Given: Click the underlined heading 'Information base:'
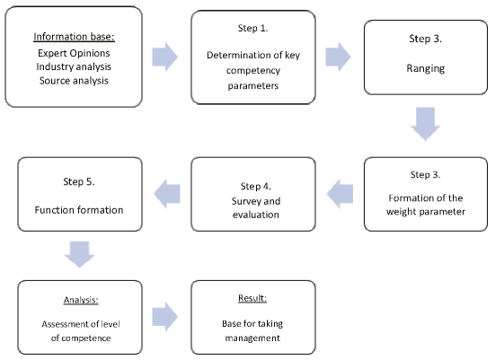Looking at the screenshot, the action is coord(74,37).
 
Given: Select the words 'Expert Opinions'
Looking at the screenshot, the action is coord(74,53).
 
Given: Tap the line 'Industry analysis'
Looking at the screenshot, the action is coord(74,66).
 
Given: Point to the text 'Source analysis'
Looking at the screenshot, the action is coord(74,81).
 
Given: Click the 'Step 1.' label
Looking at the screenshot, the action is coord(252,28).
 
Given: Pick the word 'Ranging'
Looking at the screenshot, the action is coord(426,68).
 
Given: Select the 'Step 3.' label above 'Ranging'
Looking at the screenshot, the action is coord(426,39).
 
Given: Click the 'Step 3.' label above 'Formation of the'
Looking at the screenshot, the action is coord(426,174).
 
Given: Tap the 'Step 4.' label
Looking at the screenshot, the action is coord(256,186).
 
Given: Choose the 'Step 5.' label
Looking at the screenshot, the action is coord(79,181).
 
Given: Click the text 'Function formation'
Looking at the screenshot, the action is coord(79,210).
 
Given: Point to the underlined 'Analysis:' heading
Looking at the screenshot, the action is coord(81,300).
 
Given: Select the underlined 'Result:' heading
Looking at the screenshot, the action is coord(252,298).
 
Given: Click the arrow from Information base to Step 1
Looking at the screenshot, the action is coord(164,57).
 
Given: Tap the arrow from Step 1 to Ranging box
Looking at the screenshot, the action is coord(338,57).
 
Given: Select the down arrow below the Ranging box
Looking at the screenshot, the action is coord(425,124).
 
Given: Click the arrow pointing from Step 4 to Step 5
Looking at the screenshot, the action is coord(167,194).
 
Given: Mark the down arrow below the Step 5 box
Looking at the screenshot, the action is coord(79,254).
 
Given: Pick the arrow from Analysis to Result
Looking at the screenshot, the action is coord(164,317).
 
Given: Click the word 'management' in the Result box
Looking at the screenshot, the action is coord(252,338).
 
